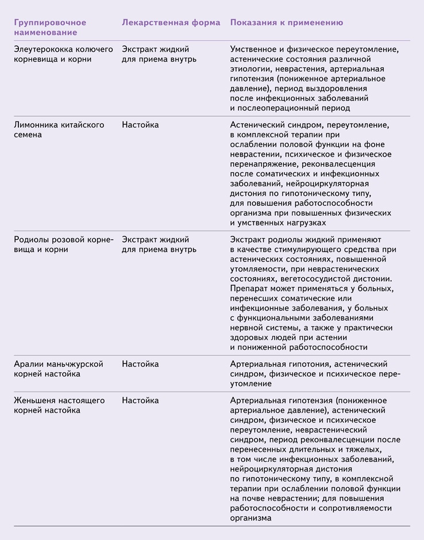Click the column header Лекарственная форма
[x=171, y=22]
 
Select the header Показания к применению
[x=286, y=22]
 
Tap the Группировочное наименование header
[x=50, y=27]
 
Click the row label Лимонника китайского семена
[x=59, y=129]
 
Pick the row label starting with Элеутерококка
[x=63, y=54]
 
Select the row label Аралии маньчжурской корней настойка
[x=59, y=369]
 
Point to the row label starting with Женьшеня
[x=59, y=405]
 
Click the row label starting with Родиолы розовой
[x=63, y=244]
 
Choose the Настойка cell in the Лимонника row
[x=140, y=125]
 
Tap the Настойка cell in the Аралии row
[x=140, y=364]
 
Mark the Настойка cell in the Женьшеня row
[x=140, y=400]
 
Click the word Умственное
[x=255, y=49]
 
